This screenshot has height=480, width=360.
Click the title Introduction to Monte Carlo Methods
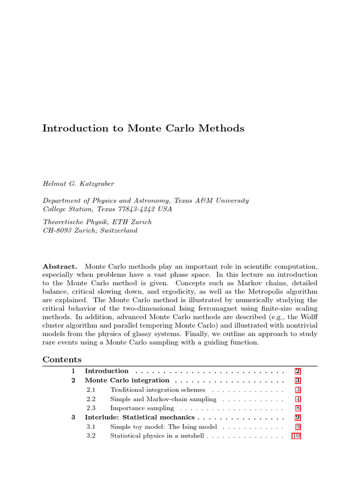pos(143,128)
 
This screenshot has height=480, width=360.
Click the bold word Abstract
pos(60,266)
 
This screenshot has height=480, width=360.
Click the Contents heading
pos(62,360)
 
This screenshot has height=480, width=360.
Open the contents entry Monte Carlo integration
pos(127,380)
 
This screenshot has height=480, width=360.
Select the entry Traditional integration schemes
pos(157,390)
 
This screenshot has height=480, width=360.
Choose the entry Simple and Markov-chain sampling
pos(163,399)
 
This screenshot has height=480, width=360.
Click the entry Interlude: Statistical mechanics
pos(139,417)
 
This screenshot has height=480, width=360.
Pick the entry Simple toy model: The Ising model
pos(164,427)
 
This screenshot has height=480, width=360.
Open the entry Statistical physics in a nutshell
pos(157,435)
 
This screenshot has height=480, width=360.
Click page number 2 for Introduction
pos(298,371)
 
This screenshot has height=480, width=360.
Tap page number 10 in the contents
pos(296,435)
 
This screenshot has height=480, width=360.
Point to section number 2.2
pos(91,399)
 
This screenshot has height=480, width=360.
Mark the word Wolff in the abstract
pos(307,316)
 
